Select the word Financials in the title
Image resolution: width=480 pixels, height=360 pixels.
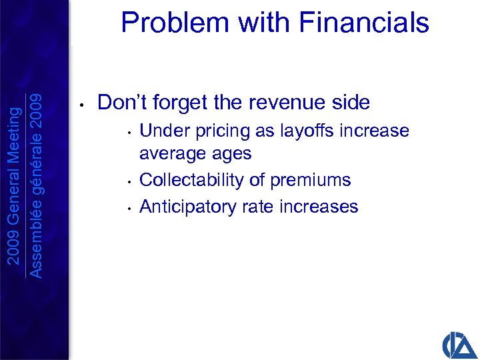(x=365, y=23)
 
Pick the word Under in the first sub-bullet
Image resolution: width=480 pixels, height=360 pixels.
(x=160, y=130)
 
